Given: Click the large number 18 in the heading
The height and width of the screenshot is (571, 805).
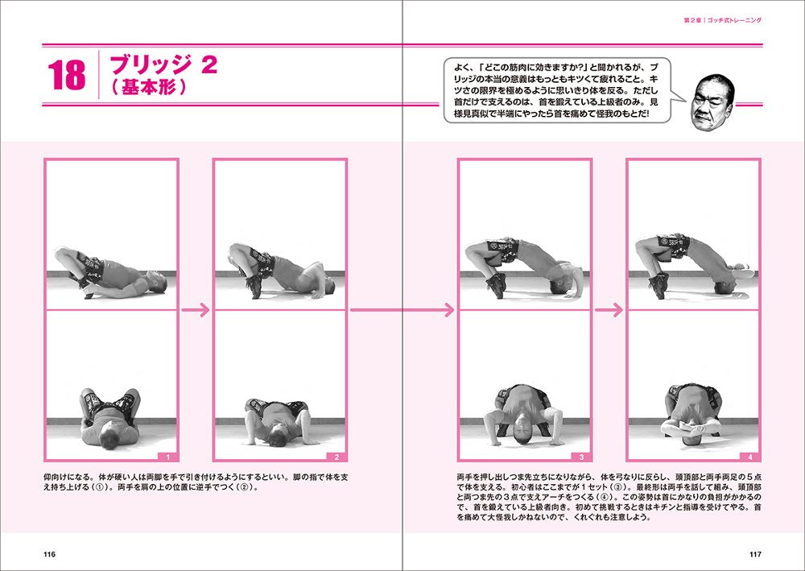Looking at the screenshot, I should click(x=68, y=75).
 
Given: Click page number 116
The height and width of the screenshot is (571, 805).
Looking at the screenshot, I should click(x=51, y=553).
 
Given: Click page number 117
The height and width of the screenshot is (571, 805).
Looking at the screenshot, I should click(x=754, y=553).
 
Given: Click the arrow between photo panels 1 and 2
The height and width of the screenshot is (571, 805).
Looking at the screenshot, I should click(x=195, y=310).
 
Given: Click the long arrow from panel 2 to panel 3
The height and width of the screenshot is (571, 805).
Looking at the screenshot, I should click(x=402, y=310).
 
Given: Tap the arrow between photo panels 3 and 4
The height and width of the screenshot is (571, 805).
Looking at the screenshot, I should click(x=609, y=310).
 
